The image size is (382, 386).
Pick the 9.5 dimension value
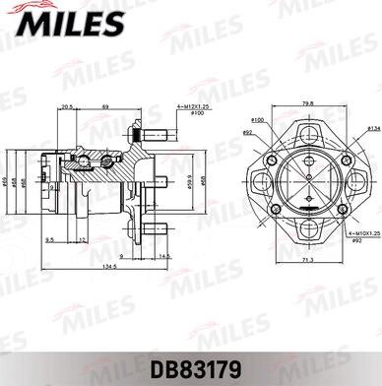(48, 239)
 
